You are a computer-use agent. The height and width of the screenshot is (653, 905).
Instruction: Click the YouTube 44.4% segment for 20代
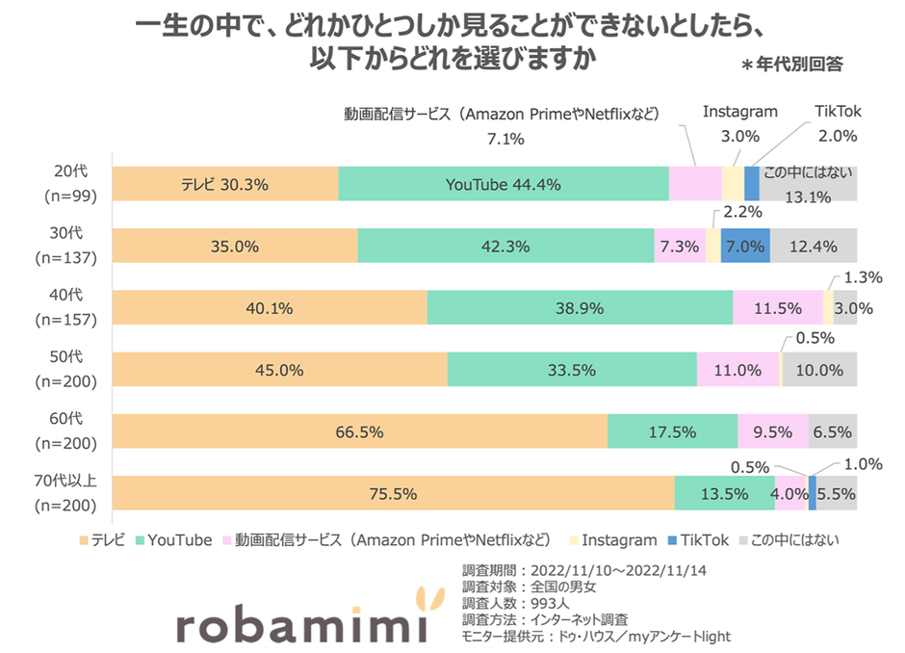click(503, 184)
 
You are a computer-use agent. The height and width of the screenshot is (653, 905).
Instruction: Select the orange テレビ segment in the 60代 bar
click(360, 431)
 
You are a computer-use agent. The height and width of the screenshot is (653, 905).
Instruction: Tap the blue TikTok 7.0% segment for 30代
click(745, 246)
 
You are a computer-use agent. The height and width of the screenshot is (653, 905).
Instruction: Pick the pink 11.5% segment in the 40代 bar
click(778, 308)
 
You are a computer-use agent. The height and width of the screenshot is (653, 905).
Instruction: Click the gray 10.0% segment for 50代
click(819, 370)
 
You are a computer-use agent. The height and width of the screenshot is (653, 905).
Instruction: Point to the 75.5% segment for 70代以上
click(393, 493)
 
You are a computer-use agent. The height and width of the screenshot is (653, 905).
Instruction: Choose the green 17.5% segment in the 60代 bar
click(672, 431)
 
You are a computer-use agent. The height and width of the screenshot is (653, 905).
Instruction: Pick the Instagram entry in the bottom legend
click(616, 540)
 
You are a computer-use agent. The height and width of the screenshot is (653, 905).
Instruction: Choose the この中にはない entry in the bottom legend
click(794, 540)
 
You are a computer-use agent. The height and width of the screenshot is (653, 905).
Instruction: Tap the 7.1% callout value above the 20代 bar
click(505, 139)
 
